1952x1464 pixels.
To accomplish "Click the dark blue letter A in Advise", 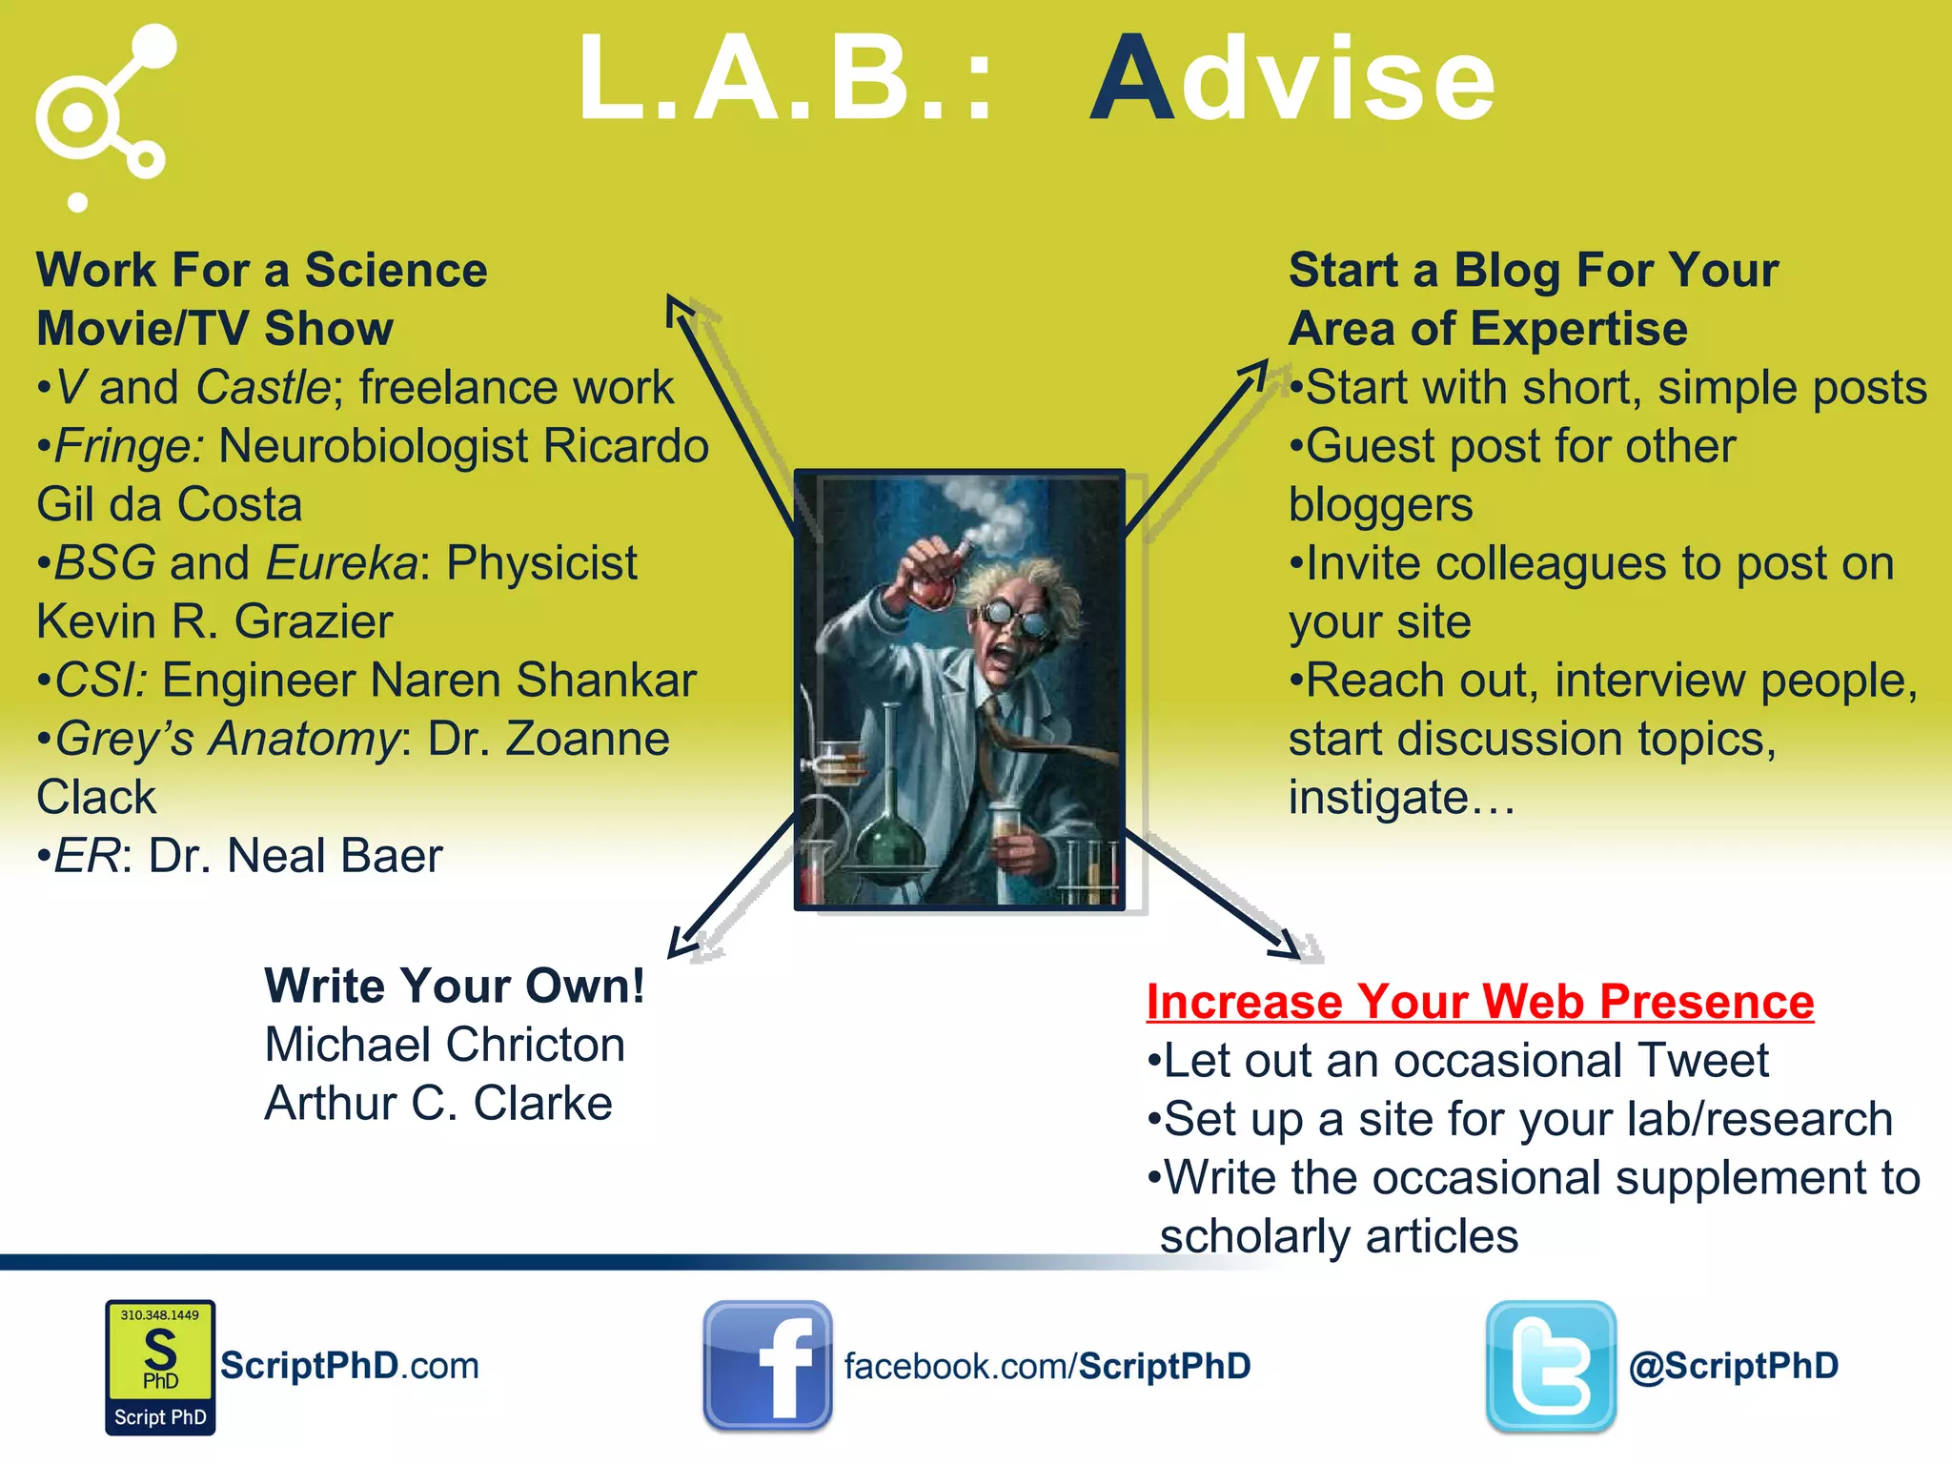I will coord(1132,80).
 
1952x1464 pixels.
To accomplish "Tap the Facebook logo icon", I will coord(768,1366).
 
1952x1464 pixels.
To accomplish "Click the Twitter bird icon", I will coord(1551,1366).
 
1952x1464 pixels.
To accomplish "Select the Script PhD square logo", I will coord(160,1367).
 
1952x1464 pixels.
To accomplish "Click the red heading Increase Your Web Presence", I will coord(1479,1002).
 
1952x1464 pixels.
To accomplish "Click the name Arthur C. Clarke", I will coord(438,1104).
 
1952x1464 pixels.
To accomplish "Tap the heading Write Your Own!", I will coord(455,986).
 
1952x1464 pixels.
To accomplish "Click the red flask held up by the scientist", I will coord(933,583).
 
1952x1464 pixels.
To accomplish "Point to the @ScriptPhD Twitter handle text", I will coord(1733,1366).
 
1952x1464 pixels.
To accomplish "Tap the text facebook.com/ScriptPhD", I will coord(1047,1366).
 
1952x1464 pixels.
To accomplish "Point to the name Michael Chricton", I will coord(444,1045).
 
